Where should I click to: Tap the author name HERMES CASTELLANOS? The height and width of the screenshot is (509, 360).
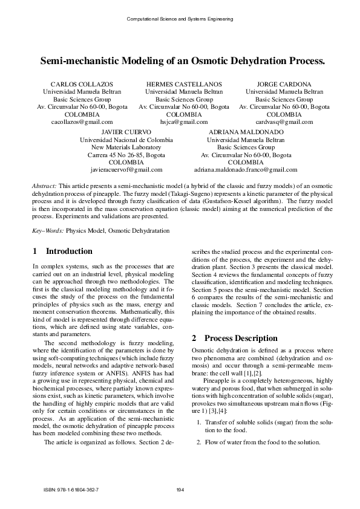point(184,84)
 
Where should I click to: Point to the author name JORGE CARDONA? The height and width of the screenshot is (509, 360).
point(284,84)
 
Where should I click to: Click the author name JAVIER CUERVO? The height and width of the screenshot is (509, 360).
point(126,131)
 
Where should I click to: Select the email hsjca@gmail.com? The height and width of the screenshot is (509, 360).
point(184,122)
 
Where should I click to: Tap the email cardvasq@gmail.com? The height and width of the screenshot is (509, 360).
point(284,122)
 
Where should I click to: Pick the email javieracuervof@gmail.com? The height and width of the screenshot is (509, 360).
point(126,170)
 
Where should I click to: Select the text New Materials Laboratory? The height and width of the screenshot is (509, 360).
point(126,147)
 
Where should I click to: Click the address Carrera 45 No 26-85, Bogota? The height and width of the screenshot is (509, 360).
point(126,155)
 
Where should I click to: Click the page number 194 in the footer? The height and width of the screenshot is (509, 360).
point(180,490)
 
